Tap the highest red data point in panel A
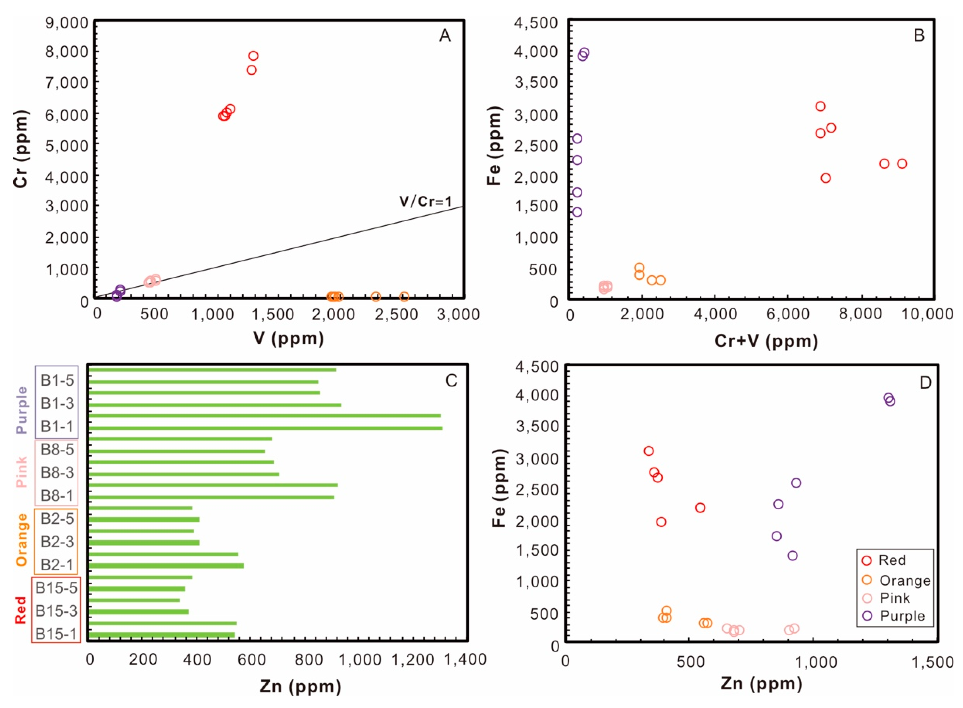click(253, 56)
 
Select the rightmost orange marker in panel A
click(404, 297)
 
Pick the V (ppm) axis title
click(288, 338)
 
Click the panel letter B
click(919, 35)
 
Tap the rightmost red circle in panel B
click(902, 164)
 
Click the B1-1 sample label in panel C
click(57, 427)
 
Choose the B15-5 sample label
click(56, 588)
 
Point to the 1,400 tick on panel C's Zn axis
click(465, 659)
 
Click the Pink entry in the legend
click(894, 598)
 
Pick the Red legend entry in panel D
click(892, 560)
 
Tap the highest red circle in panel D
click(649, 451)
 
